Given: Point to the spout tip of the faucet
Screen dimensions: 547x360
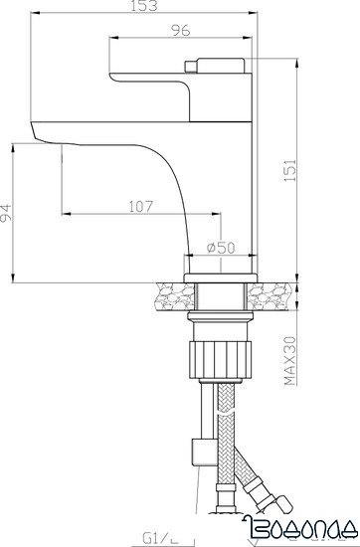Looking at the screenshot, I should click(x=40, y=129).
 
